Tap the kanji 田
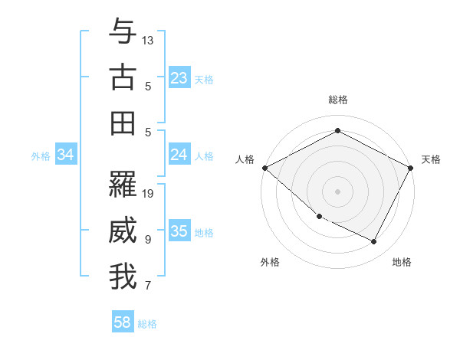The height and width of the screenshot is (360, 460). tap(123, 123)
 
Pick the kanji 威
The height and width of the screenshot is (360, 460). tap(123, 231)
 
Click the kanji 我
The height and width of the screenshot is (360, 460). tap(123, 277)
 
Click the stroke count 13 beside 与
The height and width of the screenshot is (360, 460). tap(149, 39)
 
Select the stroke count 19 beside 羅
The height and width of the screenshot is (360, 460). tap(149, 193)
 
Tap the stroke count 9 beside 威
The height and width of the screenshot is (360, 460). tap(148, 240)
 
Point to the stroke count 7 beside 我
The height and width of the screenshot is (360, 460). tap(148, 286)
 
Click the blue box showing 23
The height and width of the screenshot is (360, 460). tap(179, 77)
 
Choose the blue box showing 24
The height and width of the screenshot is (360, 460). tap(179, 155)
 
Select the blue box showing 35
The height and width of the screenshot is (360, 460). tap(179, 231)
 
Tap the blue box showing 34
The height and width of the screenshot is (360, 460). tap(66, 155)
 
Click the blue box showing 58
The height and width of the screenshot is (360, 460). tap(123, 322)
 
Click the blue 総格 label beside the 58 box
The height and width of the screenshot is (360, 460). tap(147, 324)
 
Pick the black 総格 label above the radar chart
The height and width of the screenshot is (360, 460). tap(337, 100)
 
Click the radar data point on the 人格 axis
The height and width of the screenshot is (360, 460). tap(264, 168)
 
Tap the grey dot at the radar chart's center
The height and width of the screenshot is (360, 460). tap(337, 191)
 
